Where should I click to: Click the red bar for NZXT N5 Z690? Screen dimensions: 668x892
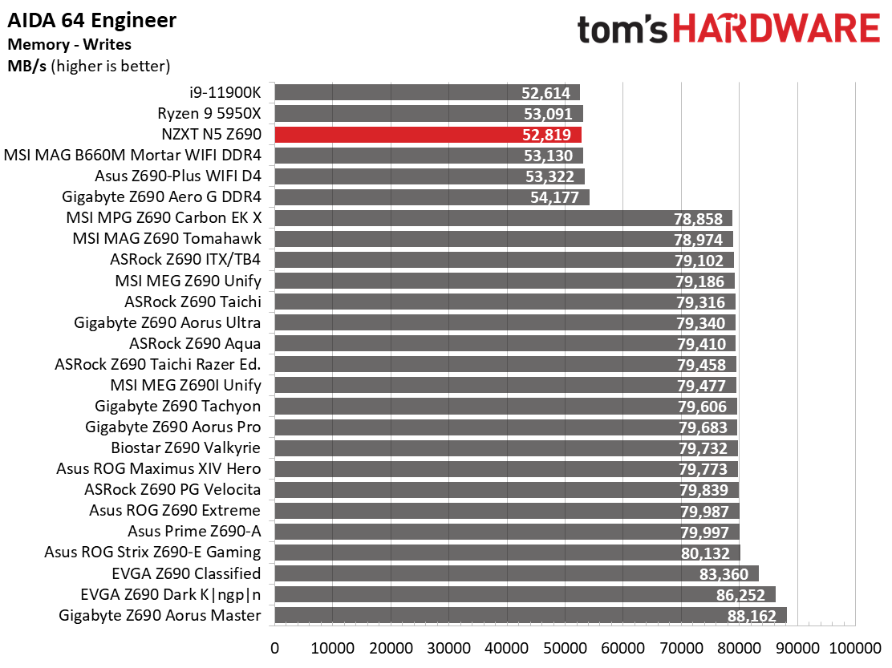point(428,135)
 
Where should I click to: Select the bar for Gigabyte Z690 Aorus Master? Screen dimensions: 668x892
point(529,616)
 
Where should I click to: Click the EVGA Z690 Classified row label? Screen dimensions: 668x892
point(187,573)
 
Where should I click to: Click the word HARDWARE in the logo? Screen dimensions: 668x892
point(776,30)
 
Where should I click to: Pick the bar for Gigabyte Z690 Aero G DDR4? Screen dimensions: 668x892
point(432,197)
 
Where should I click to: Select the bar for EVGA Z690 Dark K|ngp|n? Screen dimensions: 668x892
point(525,595)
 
